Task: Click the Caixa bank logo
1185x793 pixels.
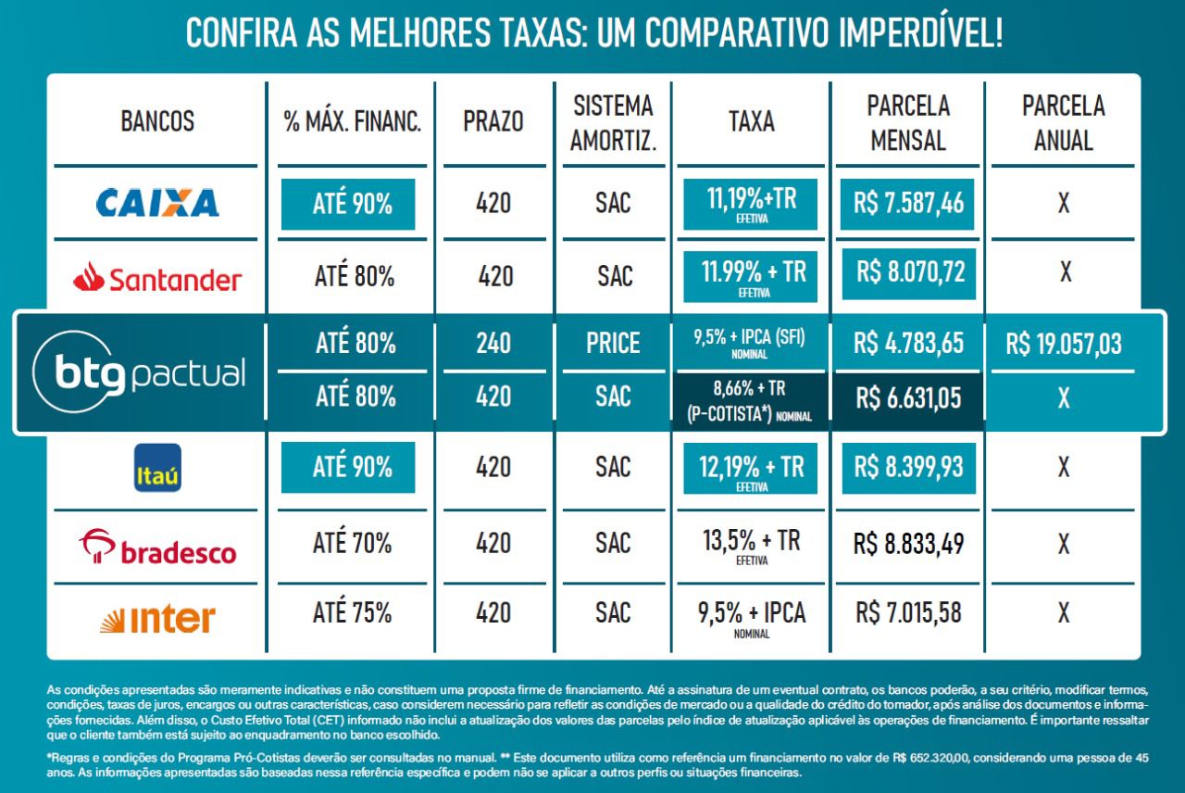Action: pyautogui.click(x=157, y=202)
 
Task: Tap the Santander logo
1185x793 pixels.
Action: pyautogui.click(x=157, y=277)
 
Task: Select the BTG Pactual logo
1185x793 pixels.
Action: pyautogui.click(x=139, y=372)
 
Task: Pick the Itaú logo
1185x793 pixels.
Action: pyautogui.click(x=158, y=467)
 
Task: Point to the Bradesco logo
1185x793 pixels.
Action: pyautogui.click(x=157, y=547)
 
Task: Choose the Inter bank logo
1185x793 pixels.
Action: pyautogui.click(x=157, y=618)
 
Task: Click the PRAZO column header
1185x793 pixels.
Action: pyautogui.click(x=493, y=121)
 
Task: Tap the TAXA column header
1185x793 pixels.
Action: pyautogui.click(x=751, y=121)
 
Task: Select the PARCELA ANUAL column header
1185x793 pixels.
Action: pyautogui.click(x=1063, y=122)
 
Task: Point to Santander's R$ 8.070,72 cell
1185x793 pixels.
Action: pyautogui.click(x=910, y=272)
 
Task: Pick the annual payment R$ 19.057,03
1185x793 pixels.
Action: pyautogui.click(x=1064, y=345)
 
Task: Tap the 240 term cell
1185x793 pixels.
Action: pyautogui.click(x=493, y=344)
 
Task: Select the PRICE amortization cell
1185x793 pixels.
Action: pyautogui.click(x=613, y=344)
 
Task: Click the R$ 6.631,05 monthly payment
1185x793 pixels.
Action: pyautogui.click(x=908, y=398)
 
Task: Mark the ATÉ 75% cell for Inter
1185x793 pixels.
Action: pyautogui.click(x=352, y=612)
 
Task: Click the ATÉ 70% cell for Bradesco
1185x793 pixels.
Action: pyautogui.click(x=352, y=542)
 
